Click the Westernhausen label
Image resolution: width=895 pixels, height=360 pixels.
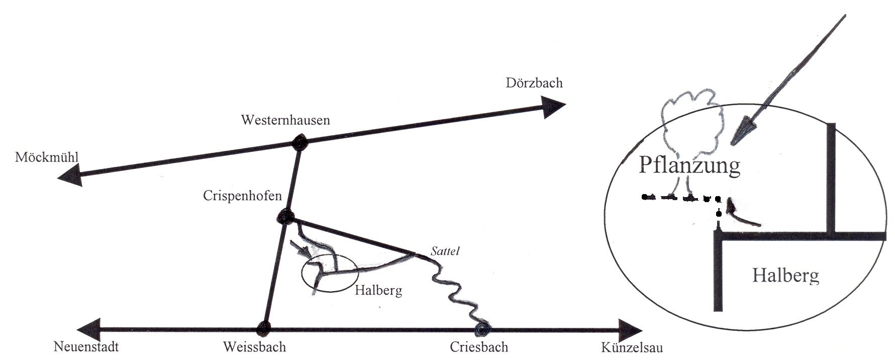pyautogui.click(x=285, y=120)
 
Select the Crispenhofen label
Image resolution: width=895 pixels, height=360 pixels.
pyautogui.click(x=242, y=196)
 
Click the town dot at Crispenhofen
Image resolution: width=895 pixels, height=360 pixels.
pyautogui.click(x=285, y=218)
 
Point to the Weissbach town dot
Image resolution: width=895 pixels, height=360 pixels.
pyautogui.click(x=263, y=329)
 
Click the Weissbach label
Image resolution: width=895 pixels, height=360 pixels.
pyautogui.click(x=254, y=347)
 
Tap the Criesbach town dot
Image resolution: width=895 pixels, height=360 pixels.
pyautogui.click(x=484, y=329)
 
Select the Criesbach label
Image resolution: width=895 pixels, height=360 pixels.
pyautogui.click(x=479, y=347)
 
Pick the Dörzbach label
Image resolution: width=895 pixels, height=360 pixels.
pyautogui.click(x=534, y=83)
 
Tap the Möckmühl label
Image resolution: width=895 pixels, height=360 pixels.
pyautogui.click(x=47, y=158)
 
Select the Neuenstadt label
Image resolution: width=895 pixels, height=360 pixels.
pyautogui.click(x=86, y=347)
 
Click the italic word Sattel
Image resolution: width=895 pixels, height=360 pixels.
pyautogui.click(x=446, y=250)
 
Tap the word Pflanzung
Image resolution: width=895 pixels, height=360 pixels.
pyautogui.click(x=689, y=165)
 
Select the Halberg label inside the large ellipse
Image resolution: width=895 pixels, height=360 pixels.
pyautogui.click(x=785, y=275)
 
